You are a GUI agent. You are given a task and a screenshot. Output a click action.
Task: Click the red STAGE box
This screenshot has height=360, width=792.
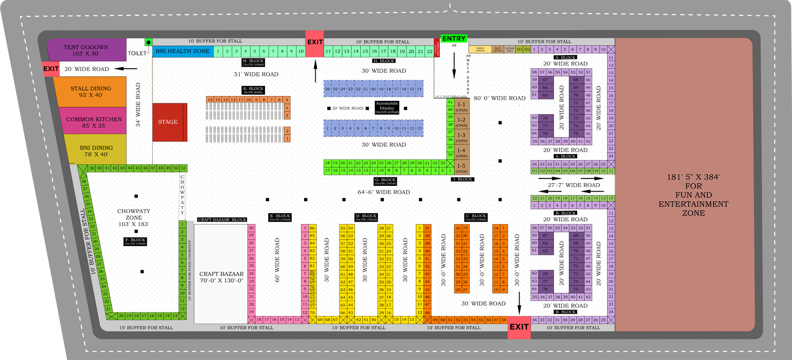168,122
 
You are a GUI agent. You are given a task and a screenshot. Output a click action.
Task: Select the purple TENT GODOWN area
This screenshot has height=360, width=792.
86,51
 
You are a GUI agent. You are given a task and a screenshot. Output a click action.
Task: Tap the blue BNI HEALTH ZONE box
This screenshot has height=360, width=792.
183,51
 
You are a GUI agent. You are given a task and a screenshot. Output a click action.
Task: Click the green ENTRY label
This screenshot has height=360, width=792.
454,39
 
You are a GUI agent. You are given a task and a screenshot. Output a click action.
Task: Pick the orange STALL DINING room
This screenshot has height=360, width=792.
91,92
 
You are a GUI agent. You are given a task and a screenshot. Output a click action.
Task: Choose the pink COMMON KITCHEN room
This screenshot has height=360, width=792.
94,122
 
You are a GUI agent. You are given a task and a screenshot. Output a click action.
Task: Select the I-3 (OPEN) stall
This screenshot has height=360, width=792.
461,138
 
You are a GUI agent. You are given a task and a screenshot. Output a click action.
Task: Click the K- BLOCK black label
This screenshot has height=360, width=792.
253,90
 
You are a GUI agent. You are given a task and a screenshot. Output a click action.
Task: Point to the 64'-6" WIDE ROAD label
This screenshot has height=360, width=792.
384,192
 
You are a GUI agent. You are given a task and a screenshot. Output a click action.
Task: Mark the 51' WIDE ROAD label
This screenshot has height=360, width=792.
256,74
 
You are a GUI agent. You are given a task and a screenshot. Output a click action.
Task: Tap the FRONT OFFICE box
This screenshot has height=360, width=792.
480,50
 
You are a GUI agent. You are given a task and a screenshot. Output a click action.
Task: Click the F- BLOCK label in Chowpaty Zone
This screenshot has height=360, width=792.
134,241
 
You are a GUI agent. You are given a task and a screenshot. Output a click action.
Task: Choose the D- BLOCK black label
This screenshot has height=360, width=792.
365,217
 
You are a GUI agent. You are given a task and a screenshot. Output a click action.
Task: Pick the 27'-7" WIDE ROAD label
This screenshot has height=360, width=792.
573,185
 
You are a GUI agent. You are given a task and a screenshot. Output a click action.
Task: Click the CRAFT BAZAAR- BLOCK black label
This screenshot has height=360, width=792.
222,220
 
